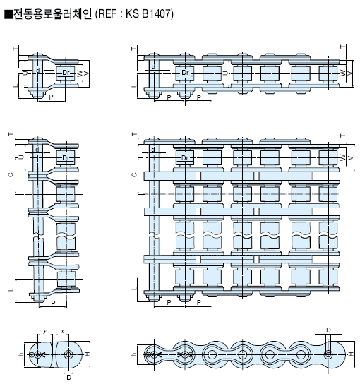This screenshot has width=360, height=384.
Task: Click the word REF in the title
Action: tap(107, 13)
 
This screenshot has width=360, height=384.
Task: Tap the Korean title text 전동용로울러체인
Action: tap(52, 14)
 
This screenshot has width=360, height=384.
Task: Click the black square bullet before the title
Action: tap(8, 14)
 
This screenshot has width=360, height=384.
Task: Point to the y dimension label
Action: tap(44, 331)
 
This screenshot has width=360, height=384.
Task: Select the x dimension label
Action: tap(62, 331)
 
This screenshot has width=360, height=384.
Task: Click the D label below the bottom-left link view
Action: tap(68, 378)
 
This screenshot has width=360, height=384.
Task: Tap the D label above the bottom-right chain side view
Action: tap(328, 330)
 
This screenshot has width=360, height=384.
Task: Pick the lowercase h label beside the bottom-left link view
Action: tap(22, 354)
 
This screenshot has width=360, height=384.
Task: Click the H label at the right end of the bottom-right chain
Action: tap(351, 354)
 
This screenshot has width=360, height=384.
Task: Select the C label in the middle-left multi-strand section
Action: tap(11, 174)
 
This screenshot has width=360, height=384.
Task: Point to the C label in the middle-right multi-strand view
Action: tap(134, 174)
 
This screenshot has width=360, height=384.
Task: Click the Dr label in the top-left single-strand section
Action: tap(66, 73)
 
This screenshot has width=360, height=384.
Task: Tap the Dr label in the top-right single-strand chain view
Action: tap(185, 73)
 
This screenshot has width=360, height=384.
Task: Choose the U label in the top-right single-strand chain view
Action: tap(225, 73)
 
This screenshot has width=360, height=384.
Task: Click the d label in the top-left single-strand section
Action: tap(37, 71)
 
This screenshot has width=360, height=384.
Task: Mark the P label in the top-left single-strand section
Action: tap(51, 97)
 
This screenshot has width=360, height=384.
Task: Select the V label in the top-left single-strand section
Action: tap(86, 73)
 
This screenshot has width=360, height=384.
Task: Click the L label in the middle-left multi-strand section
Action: tap(11, 290)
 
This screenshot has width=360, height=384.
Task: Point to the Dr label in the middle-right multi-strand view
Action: tap(185, 158)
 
